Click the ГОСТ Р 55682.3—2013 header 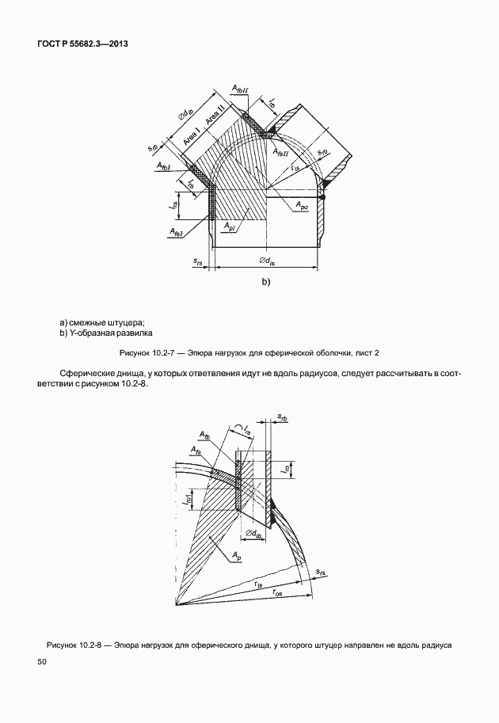coord(82,44)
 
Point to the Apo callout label coord(303,206)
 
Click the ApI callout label coord(229,227)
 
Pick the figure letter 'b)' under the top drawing coord(266,282)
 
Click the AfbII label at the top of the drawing coord(240,91)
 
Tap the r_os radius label coord(278,592)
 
